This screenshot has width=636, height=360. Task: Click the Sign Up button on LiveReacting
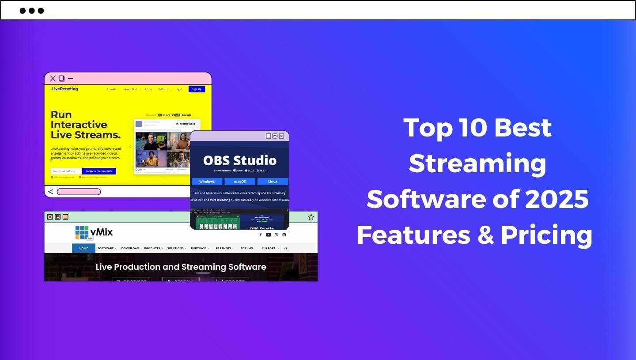pyautogui.click(x=197, y=89)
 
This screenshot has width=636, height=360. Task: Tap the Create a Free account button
pyautogui.click(x=99, y=171)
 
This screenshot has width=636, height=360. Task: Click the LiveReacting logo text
pyautogui.click(x=64, y=89)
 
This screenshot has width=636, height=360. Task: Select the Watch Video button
pyautogui.click(x=186, y=124)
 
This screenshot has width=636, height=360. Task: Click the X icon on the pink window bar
pyautogui.click(x=53, y=79)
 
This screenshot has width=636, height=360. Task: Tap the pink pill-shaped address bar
pyautogui.click(x=79, y=192)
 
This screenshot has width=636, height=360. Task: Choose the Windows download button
pyautogui.click(x=207, y=182)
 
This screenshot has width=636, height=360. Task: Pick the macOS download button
pyautogui.click(x=240, y=182)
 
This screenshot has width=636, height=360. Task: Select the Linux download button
pyautogui.click(x=273, y=182)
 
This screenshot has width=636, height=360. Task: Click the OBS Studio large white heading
pyautogui.click(x=239, y=160)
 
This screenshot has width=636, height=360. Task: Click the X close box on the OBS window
pyautogui.click(x=281, y=136)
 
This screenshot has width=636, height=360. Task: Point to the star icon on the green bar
pyautogui.click(x=311, y=217)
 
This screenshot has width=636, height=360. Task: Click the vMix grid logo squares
pyautogui.click(x=82, y=232)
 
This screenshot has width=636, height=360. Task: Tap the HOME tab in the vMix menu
pyautogui.click(x=83, y=248)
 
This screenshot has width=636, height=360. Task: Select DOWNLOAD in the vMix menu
pyautogui.click(x=130, y=248)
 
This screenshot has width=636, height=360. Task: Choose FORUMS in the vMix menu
pyautogui.click(x=246, y=248)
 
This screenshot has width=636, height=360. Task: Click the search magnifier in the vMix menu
pyautogui.click(x=286, y=248)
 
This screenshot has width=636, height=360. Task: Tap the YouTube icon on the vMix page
pyautogui.click(x=268, y=235)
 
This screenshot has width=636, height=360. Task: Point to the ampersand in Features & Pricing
pyautogui.click(x=485, y=235)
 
